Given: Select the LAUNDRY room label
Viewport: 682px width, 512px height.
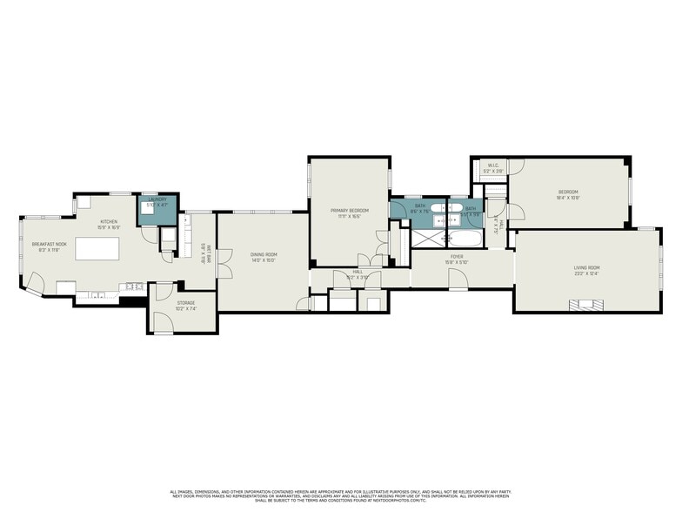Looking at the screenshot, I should (x=157, y=199).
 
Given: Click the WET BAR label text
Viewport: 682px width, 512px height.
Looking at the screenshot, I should (x=202, y=253).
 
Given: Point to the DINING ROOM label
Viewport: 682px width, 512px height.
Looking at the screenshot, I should (x=263, y=254).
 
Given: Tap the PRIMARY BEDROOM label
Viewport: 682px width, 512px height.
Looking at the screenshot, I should (x=349, y=211).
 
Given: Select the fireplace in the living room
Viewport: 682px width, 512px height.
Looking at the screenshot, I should (x=585, y=304).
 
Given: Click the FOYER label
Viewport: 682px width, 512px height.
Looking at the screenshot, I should (x=457, y=257).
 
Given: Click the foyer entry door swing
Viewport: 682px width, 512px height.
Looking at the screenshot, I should (x=456, y=278).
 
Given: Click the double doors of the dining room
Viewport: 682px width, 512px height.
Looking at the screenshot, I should (x=224, y=263).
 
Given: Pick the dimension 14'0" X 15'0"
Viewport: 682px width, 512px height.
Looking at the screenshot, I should (x=263, y=260).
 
